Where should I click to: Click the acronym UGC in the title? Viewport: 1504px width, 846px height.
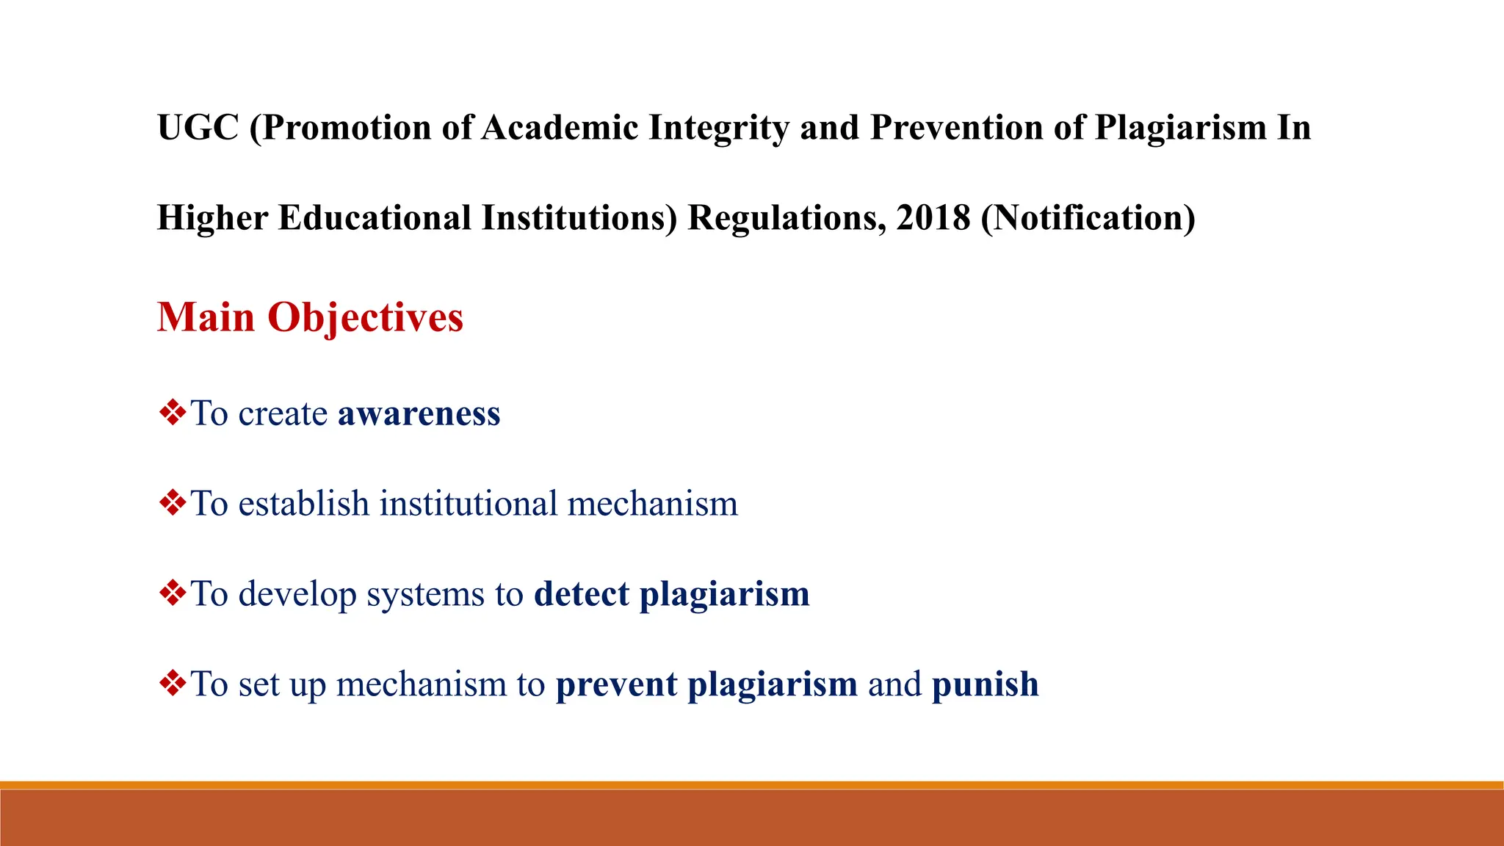click(x=198, y=128)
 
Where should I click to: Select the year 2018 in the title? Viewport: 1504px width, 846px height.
click(x=933, y=218)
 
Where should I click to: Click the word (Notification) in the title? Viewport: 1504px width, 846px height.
click(x=1088, y=218)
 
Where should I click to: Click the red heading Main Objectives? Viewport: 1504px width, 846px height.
click(x=310, y=317)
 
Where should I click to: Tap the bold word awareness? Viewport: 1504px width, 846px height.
click(x=419, y=413)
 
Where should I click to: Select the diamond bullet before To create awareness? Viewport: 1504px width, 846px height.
click(x=173, y=413)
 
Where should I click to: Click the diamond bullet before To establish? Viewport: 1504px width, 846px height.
click(x=173, y=503)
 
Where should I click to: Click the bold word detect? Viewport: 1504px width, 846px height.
click(x=582, y=594)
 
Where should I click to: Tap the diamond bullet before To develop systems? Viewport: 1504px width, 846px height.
click(x=173, y=593)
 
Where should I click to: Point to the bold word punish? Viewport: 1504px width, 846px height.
click(x=985, y=684)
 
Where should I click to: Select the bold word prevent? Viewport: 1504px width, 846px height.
click(x=616, y=684)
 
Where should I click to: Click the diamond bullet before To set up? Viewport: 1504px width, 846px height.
click(x=173, y=684)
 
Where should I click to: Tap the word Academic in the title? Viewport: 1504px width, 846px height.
click(x=560, y=128)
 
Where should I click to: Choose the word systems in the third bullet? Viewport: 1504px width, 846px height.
click(x=425, y=594)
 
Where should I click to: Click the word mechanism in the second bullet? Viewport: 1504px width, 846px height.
click(x=652, y=504)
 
